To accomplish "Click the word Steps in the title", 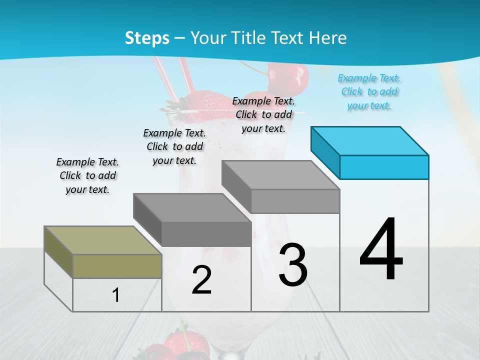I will coord(147,38).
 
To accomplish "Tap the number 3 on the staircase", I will coord(293,265).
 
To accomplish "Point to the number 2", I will coord(201,280).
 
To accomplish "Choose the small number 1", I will coord(116,295).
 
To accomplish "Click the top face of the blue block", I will coord(369,140).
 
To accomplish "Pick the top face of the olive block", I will coord(102,240).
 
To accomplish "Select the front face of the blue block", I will coord(384,167).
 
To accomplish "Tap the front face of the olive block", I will coord(117,266).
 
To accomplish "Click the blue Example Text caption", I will coord(369,92).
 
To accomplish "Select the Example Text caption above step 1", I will coord(87,175).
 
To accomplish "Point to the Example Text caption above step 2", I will coord(174,146).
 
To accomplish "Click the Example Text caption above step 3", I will coord(263,114).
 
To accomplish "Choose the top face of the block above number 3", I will coord(280,174).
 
